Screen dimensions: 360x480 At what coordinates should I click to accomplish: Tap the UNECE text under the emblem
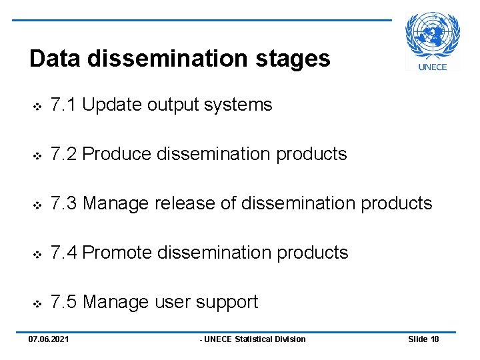433,66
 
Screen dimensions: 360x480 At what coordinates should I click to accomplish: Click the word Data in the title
55,59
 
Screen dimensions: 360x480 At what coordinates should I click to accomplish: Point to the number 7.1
63,105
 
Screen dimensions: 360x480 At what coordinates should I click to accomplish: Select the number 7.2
63,154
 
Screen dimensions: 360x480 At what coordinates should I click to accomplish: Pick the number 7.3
63,203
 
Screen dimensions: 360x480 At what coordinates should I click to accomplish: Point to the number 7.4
63,253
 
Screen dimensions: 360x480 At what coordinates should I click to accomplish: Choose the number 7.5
63,302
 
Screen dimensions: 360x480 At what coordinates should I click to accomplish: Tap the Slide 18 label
423,339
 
